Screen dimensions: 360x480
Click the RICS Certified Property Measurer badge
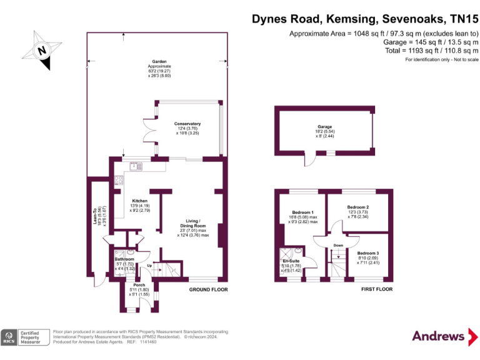click(25, 337)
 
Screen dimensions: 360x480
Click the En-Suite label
click(291, 265)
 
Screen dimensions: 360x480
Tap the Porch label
click(139, 289)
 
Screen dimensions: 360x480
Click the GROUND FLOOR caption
click(209, 290)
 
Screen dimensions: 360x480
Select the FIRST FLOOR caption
click(376, 290)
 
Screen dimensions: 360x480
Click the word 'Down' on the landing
click(338, 246)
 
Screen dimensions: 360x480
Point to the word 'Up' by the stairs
click(149, 266)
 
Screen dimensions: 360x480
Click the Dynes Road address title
click(365, 19)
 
